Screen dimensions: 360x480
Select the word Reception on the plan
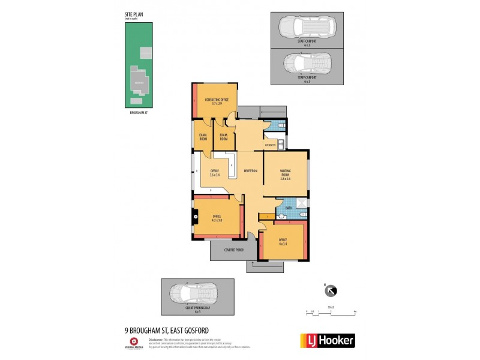[x=251, y=172]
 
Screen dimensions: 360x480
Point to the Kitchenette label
[x=270, y=145]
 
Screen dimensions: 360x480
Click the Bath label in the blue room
[x=288, y=208]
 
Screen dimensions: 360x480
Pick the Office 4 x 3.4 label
[x=283, y=242]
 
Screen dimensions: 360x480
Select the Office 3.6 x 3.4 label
[x=214, y=173]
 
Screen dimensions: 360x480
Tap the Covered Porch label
[x=233, y=249]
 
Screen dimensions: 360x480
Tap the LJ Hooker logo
[x=327, y=341]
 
